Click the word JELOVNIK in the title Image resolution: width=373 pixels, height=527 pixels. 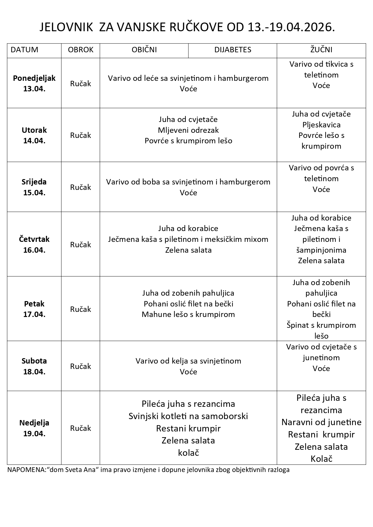point(66,28)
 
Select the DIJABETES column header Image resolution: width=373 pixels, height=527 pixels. point(233,50)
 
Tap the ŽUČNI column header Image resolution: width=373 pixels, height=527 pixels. point(321,50)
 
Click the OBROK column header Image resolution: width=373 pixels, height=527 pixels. point(81,50)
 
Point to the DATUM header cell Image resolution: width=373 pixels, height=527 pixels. point(25,50)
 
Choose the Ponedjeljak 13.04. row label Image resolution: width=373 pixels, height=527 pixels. point(34,83)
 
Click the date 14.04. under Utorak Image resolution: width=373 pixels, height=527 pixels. point(34,141)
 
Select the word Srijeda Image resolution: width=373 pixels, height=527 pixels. point(34,182)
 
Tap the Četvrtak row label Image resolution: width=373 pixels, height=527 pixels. point(34,239)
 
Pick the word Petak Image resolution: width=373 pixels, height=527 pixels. point(34,304)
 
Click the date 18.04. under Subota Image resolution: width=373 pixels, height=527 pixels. point(34,372)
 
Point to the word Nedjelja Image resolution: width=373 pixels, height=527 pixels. point(34,423)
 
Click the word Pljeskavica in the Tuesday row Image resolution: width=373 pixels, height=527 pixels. point(321,125)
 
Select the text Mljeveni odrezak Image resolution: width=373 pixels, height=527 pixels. point(188,130)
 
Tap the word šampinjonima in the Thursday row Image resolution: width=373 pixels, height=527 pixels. point(321,250)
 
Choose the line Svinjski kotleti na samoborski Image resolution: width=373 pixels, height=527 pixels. point(188,416)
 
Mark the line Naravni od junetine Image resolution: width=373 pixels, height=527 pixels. point(321,422)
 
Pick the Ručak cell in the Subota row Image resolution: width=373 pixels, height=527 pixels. point(81,366)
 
